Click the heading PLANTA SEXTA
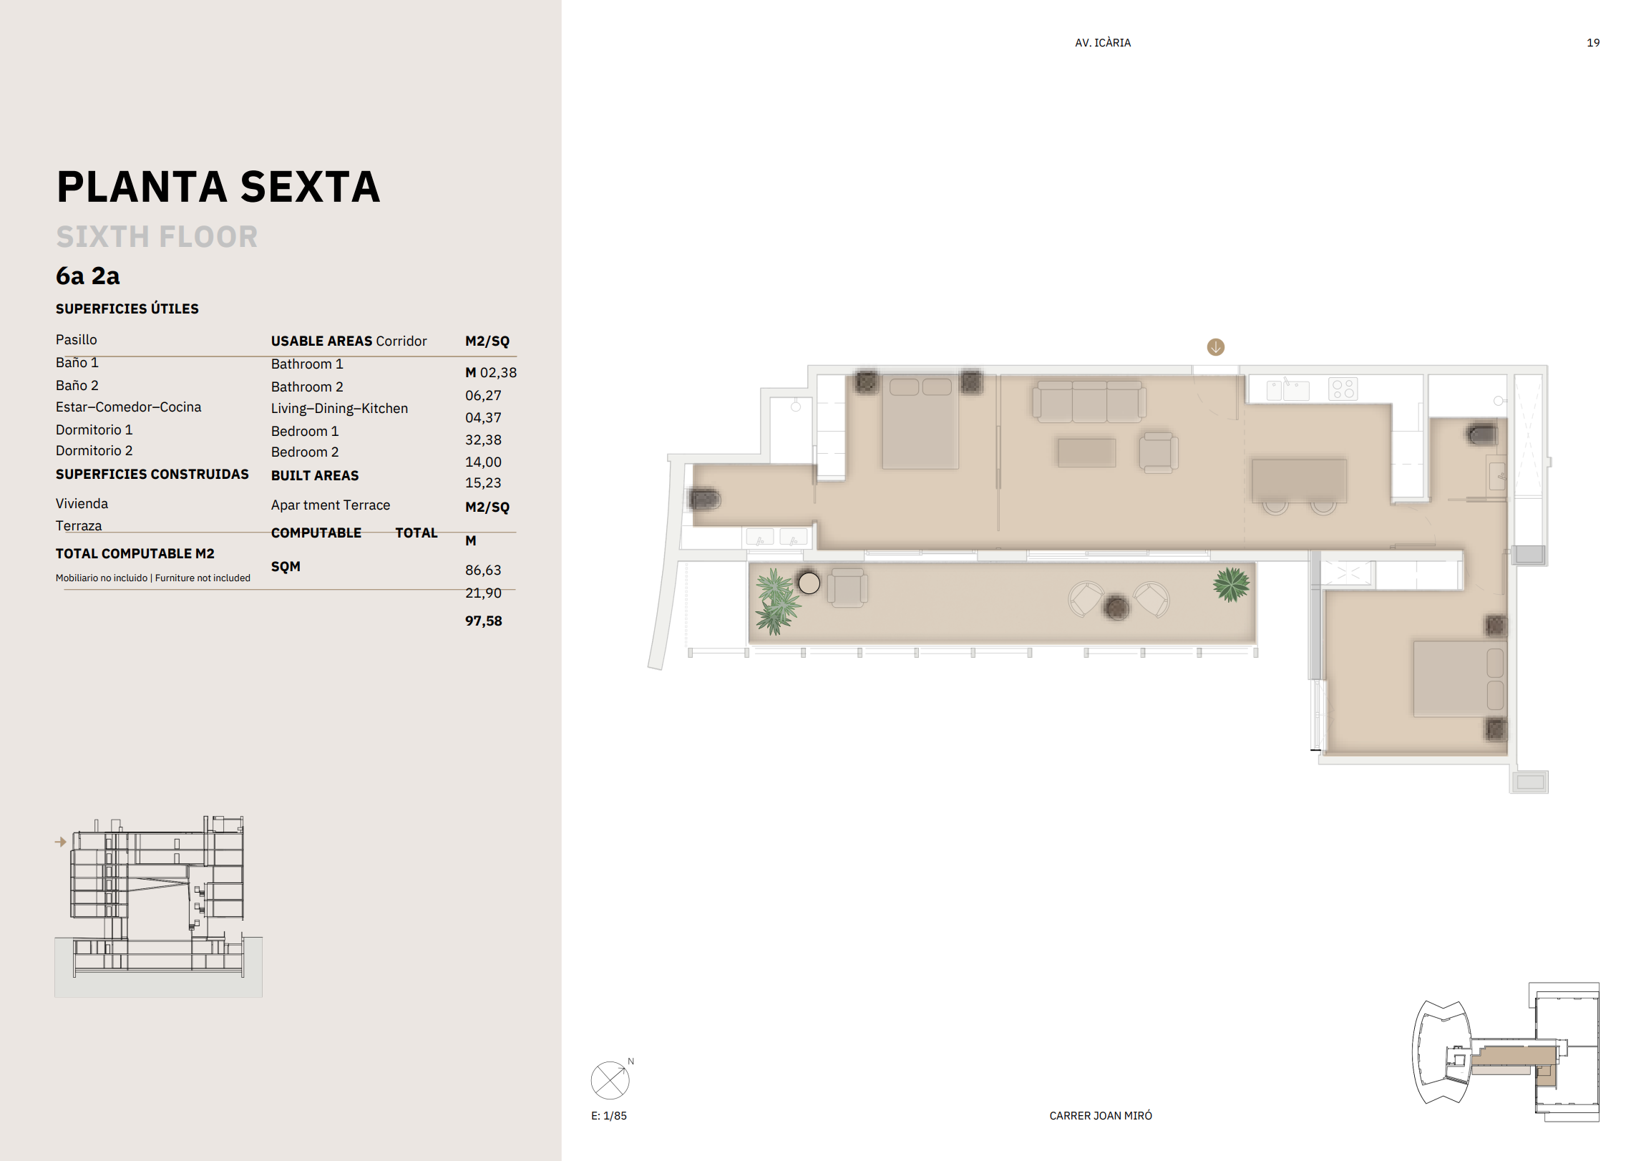(x=218, y=187)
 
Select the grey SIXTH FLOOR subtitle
(x=157, y=237)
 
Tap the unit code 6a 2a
(x=88, y=276)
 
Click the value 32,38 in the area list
(x=483, y=439)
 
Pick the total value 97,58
(x=484, y=621)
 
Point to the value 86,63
(x=483, y=570)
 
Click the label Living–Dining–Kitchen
(x=339, y=408)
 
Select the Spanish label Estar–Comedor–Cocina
(x=129, y=407)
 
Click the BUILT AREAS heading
(x=315, y=475)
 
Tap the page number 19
(x=1593, y=43)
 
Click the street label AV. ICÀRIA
(x=1103, y=43)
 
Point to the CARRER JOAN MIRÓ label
(x=1101, y=1115)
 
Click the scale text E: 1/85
(x=609, y=1115)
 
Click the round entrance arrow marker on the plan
(x=1215, y=347)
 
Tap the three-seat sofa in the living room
(x=1089, y=401)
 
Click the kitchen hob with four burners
(x=1343, y=389)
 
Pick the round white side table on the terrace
(x=809, y=583)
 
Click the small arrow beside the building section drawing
(x=61, y=842)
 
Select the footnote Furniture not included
(x=203, y=578)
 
